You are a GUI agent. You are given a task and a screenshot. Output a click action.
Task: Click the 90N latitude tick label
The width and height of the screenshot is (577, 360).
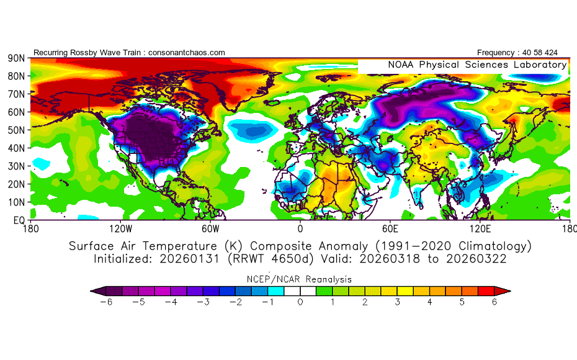coord(16,58)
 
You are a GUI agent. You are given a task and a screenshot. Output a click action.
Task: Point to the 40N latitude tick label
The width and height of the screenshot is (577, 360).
coord(16,148)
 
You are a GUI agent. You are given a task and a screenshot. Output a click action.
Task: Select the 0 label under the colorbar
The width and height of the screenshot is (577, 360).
coord(300,302)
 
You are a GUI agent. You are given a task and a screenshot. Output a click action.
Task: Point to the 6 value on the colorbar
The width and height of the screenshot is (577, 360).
coord(494,302)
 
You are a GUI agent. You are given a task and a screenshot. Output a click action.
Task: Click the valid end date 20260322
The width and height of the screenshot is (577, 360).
coord(478,259)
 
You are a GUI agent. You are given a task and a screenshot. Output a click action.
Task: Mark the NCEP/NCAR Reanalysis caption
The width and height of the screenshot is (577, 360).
coord(300,279)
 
